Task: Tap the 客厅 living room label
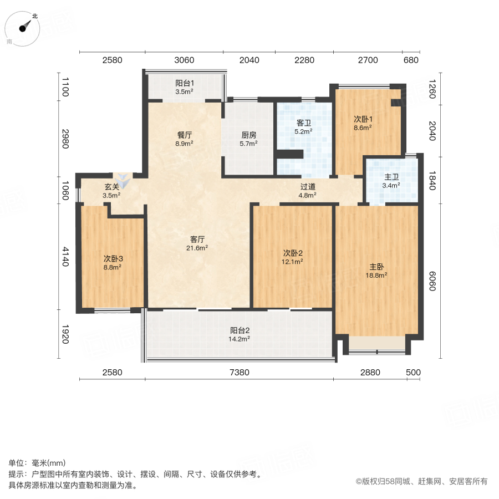[198, 240]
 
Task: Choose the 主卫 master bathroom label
[391, 177]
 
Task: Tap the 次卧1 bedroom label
[363, 119]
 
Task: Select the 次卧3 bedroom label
[113, 258]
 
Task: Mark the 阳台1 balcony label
[184, 83]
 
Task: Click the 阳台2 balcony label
[240, 329]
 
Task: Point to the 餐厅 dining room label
[185, 135]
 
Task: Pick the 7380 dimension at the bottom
[240, 372]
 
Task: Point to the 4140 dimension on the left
[65, 257]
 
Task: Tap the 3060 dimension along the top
[184, 60]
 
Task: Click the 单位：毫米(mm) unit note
[37, 464]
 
